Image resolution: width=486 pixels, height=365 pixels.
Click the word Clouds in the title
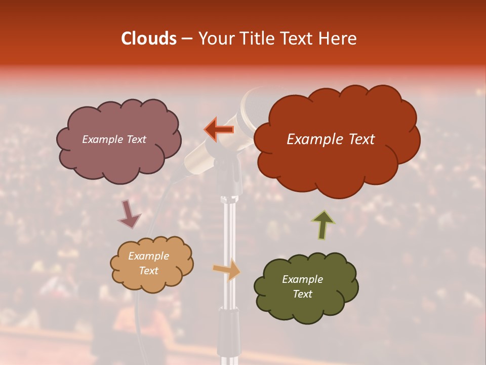tap(149, 39)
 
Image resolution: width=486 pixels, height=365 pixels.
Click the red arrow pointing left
tap(219, 129)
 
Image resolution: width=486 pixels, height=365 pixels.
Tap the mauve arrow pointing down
tap(129, 214)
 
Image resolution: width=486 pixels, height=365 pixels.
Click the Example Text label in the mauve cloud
tap(114, 139)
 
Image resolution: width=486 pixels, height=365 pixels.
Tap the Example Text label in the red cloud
tap(331, 139)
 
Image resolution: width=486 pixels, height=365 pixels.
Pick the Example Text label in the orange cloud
tap(148, 264)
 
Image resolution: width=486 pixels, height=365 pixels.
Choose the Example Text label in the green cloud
tap(302, 286)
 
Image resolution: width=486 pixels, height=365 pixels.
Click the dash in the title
tap(186, 39)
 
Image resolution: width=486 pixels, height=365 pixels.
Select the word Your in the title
tap(215, 39)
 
